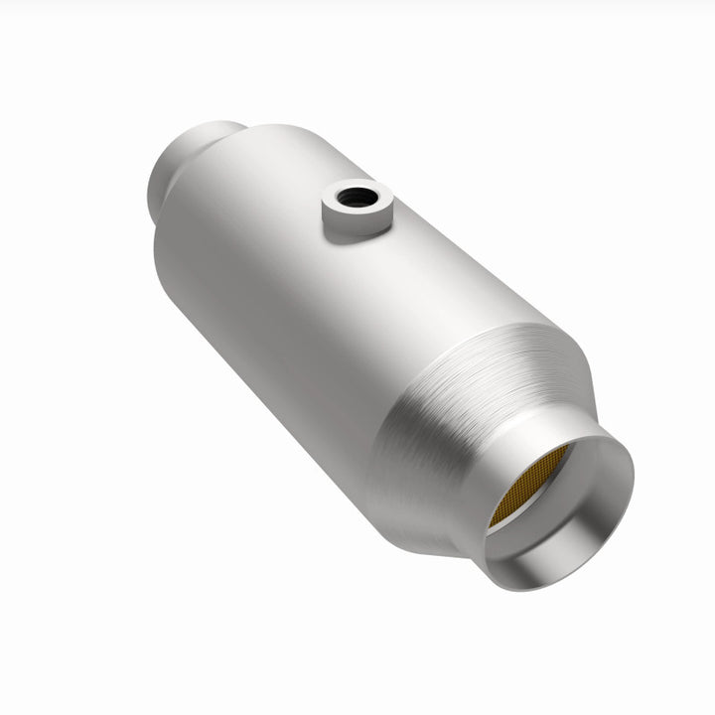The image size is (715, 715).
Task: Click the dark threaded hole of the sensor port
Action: (354, 198)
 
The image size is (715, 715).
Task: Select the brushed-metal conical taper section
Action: (467, 417)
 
